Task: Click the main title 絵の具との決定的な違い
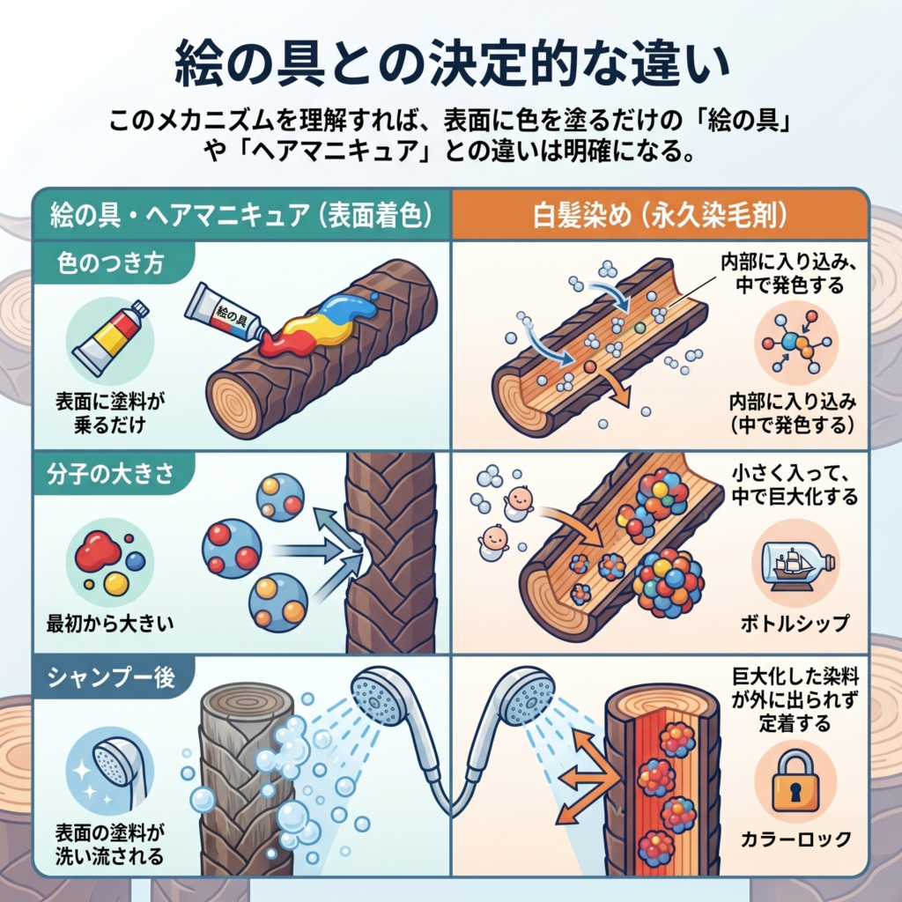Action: (x=452, y=63)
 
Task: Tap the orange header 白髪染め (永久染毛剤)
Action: (x=660, y=217)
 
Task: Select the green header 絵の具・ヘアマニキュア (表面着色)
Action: (x=241, y=217)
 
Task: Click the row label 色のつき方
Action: (x=110, y=262)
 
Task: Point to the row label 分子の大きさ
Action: (x=110, y=474)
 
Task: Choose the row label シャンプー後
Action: (x=111, y=677)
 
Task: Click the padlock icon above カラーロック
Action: (x=796, y=780)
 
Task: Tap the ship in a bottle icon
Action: (x=795, y=565)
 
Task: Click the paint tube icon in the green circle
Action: (x=110, y=338)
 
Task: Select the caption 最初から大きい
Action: (x=110, y=624)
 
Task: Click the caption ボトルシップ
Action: (x=795, y=623)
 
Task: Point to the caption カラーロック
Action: (x=796, y=839)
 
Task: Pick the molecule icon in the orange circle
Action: (x=796, y=343)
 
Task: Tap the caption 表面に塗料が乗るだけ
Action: (x=110, y=413)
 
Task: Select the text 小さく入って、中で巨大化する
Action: (x=795, y=484)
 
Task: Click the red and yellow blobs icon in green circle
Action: (x=110, y=561)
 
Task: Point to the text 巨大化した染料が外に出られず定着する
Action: (x=795, y=699)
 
